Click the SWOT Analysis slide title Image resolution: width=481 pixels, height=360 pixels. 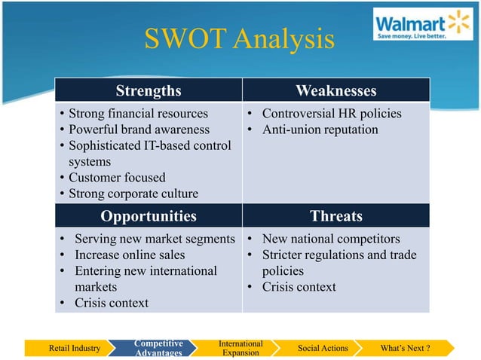point(240,39)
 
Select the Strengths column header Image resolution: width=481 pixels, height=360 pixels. point(148,91)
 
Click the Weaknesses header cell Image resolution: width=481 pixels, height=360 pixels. point(335,91)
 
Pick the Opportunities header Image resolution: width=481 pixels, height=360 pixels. point(148,216)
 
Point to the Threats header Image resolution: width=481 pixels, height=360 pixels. point(335,216)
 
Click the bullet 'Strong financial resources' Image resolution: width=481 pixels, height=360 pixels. point(138,114)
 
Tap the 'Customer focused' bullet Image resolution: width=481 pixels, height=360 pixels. point(117,178)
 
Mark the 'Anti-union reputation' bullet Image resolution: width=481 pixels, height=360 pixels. point(320,130)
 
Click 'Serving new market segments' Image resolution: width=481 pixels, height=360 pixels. point(152,239)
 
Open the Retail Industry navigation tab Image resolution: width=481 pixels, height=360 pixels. point(75,348)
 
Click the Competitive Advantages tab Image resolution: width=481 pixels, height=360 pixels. point(158,348)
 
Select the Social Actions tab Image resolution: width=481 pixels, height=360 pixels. point(323,348)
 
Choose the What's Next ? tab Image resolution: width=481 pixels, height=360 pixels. point(406,348)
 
